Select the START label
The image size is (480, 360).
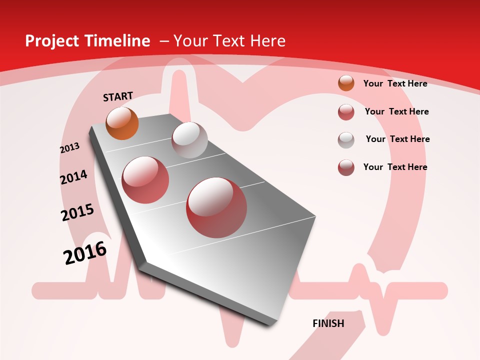tap(118, 96)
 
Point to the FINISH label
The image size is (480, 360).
tap(328, 323)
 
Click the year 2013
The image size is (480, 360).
tap(69, 148)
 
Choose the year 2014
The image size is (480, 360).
tap(73, 177)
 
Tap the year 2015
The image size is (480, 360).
tap(77, 212)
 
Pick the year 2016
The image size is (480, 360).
tap(85, 252)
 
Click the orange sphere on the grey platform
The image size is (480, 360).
tap(122, 123)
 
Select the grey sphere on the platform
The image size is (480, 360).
tap(189, 140)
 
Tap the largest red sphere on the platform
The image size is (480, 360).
tap(216, 207)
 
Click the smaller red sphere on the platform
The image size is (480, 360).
tap(145, 180)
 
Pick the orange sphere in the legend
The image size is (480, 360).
tap(346, 83)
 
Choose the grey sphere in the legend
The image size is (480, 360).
tap(346, 139)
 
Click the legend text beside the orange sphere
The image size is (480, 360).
tap(395, 83)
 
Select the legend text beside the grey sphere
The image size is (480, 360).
tap(397, 139)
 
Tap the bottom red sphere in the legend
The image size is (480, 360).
tap(346, 167)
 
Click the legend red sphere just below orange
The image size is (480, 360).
tap(346, 112)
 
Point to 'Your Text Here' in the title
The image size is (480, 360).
tap(229, 41)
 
